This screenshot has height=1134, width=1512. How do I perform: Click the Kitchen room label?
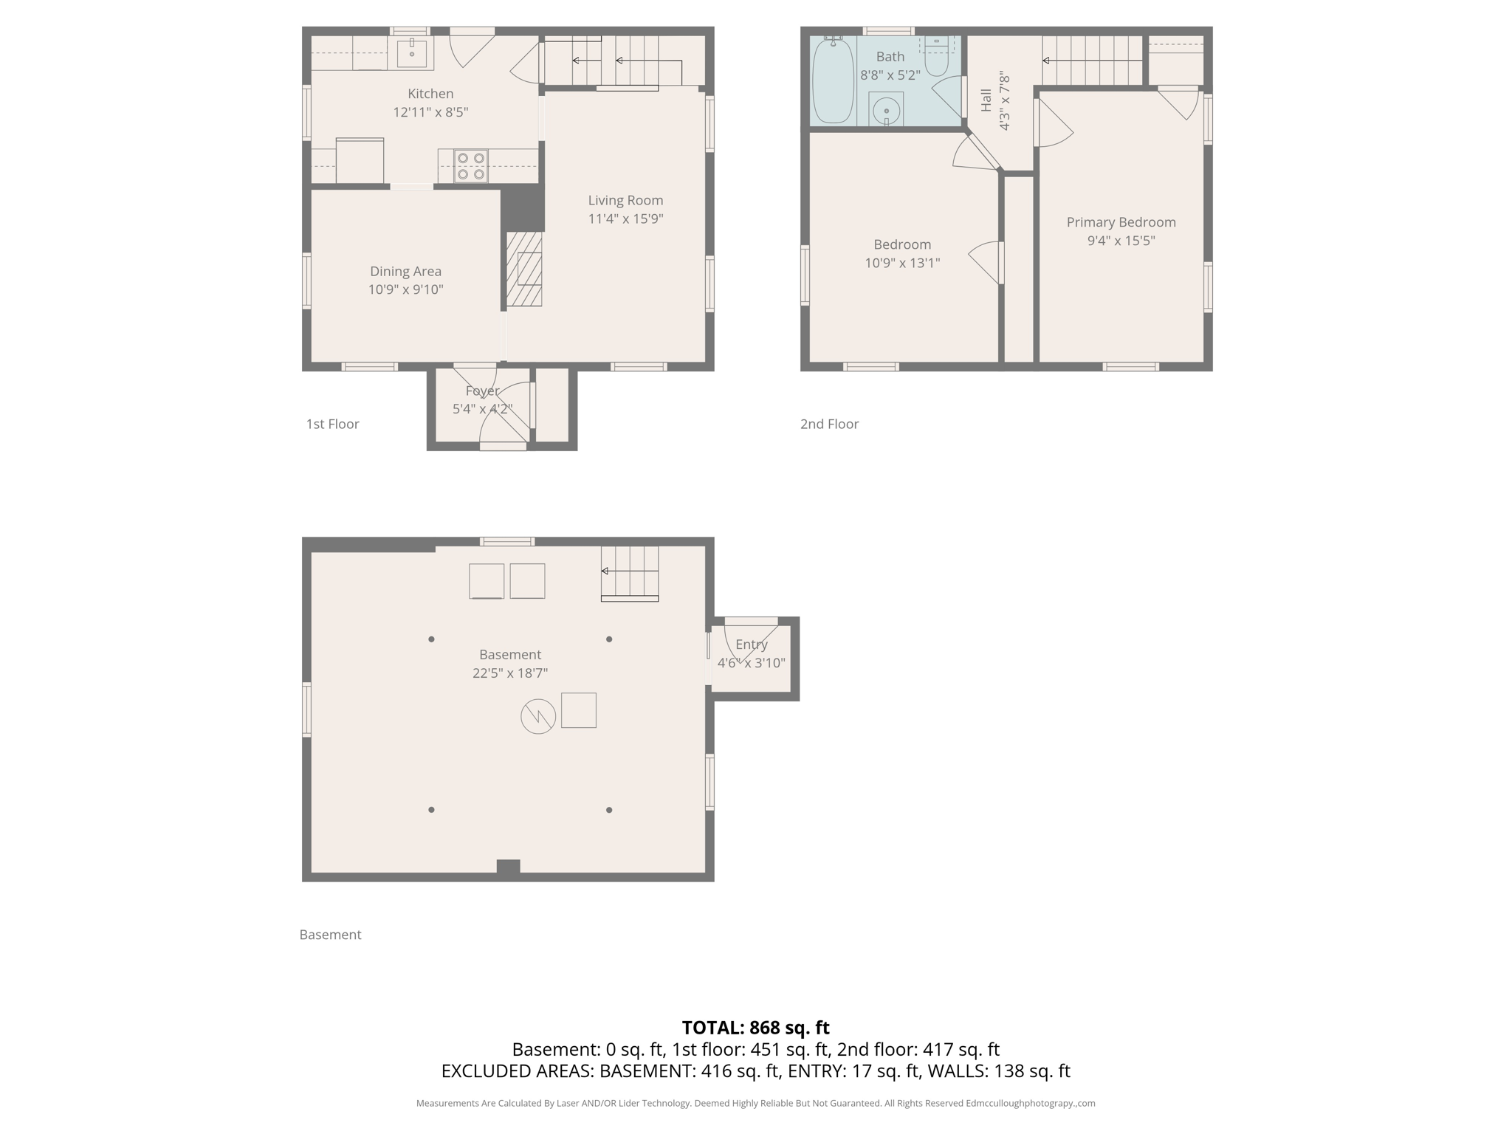point(430,94)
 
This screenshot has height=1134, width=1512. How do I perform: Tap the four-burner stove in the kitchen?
point(470,166)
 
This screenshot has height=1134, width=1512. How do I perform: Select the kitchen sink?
point(411,52)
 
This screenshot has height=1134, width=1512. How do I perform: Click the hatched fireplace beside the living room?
point(524,269)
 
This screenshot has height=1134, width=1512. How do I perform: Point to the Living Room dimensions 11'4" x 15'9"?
point(625,219)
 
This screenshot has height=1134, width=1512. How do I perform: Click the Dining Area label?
point(405,271)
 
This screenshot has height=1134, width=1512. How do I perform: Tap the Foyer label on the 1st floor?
point(482,391)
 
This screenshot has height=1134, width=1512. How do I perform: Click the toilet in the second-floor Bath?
point(936,59)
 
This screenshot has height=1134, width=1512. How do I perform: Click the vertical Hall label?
point(986,100)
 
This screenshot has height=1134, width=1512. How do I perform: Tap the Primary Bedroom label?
point(1121,222)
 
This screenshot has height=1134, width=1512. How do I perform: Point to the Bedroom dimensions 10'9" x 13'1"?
point(902,263)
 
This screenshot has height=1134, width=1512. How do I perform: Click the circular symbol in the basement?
point(538,715)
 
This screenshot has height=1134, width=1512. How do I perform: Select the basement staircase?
point(630,573)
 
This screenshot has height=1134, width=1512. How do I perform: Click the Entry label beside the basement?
point(751,645)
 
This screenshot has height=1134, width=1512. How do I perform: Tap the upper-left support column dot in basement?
point(431,639)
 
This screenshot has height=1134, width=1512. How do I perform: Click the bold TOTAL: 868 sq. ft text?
point(755,1028)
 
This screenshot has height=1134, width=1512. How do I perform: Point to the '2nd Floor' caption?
point(829,424)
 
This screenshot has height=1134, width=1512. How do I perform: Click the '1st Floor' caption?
point(332,424)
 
